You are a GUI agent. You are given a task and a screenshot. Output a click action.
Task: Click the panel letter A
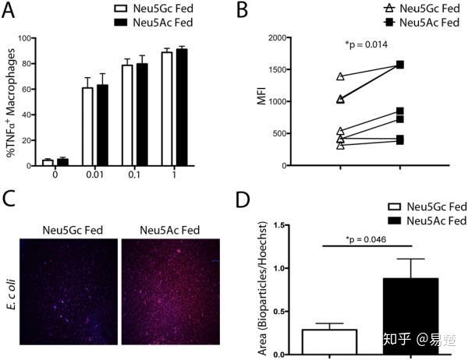point(10,11)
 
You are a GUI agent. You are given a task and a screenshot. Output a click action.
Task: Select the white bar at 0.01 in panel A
point(88,126)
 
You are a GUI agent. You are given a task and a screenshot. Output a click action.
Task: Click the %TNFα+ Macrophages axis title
point(11,101)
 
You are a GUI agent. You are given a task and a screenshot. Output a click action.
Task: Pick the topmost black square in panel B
point(400,65)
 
